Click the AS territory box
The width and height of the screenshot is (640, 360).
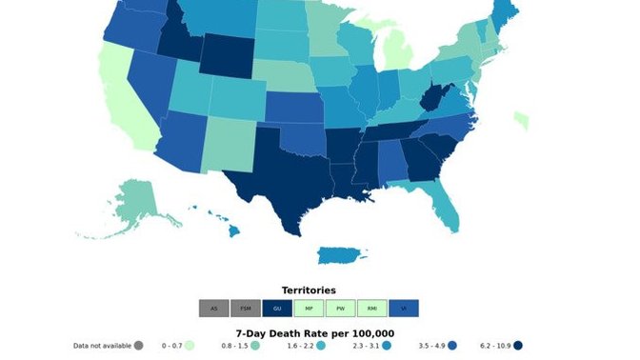[214, 309]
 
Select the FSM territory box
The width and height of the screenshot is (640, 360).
[246, 309]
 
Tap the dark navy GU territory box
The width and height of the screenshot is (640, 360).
[277, 309]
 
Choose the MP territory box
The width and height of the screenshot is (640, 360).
[309, 309]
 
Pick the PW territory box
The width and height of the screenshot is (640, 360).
[340, 309]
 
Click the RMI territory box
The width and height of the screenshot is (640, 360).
[371, 309]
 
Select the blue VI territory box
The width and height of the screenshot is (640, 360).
[404, 309]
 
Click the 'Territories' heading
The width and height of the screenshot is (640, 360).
[309, 290]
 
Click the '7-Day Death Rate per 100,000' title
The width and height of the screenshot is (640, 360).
[315, 332]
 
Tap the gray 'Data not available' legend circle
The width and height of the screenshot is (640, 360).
[139, 346]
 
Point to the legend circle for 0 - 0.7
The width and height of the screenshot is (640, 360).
[190, 346]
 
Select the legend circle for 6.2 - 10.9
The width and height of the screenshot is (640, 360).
[520, 346]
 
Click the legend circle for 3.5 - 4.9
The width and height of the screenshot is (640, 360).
[453, 346]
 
